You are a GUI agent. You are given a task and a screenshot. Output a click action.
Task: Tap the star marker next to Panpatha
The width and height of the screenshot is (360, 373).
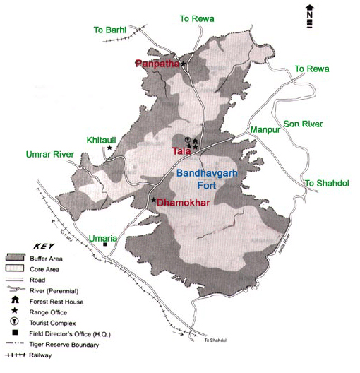[183, 64]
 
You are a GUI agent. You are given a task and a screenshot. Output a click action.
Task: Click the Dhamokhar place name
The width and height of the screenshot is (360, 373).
[184, 202]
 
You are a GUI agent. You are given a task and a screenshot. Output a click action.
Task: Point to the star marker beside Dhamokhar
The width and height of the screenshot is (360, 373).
[153, 201]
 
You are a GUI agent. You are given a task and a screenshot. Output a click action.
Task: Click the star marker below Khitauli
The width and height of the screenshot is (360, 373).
[109, 148]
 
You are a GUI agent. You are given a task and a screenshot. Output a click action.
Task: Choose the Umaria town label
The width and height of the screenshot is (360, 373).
[102, 238]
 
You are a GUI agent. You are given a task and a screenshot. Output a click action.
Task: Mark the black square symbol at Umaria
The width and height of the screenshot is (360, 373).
[105, 246]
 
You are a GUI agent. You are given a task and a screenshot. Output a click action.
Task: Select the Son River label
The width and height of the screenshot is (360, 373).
[303, 124]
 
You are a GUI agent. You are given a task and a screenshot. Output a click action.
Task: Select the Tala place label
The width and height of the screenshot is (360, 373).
[181, 150]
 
